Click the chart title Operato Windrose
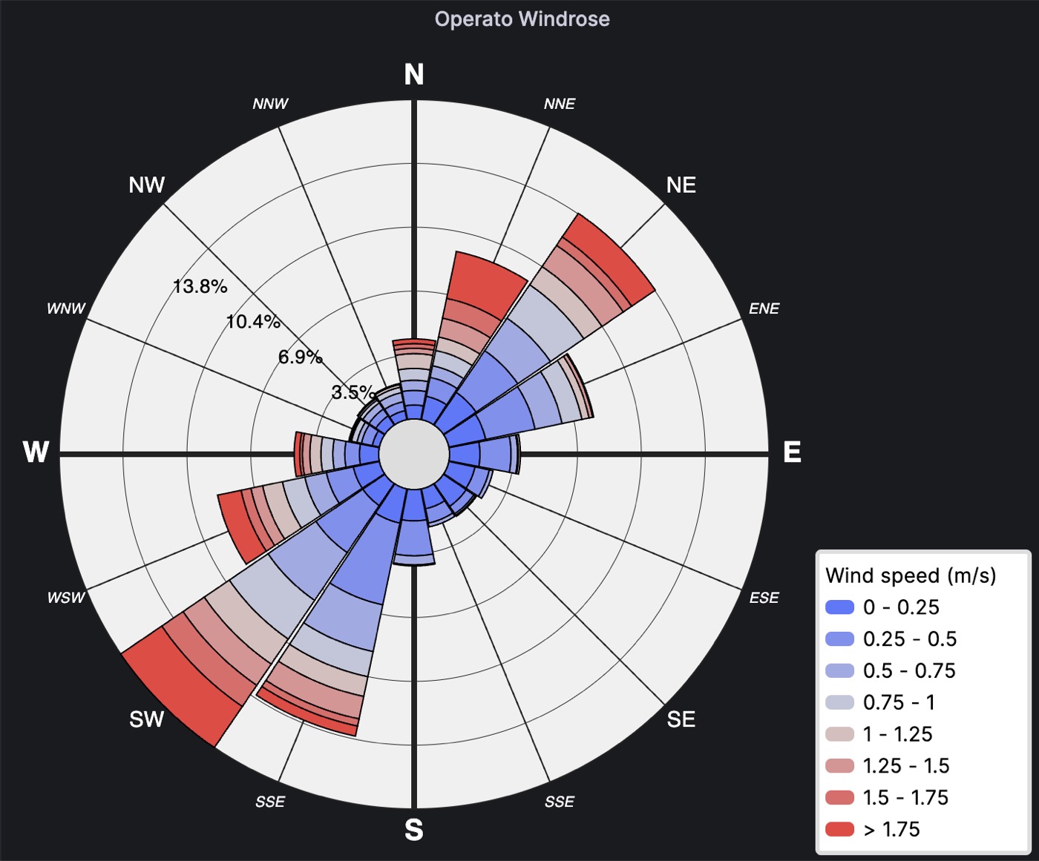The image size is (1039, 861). pyautogui.click(x=522, y=19)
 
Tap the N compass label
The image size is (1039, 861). pyautogui.click(x=414, y=75)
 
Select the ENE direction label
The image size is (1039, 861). pyautogui.click(x=764, y=309)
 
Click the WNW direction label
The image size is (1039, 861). pyautogui.click(x=66, y=309)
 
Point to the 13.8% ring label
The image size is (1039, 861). pyautogui.click(x=200, y=286)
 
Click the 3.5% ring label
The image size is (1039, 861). pyautogui.click(x=352, y=392)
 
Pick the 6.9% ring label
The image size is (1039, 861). pyautogui.click(x=300, y=357)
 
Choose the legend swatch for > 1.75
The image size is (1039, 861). pyautogui.click(x=839, y=829)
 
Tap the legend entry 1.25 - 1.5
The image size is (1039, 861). pyautogui.click(x=905, y=766)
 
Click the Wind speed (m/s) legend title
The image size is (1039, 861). pyautogui.click(x=911, y=575)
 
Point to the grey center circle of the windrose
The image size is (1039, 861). pyautogui.click(x=414, y=453)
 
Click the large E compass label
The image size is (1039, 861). pyautogui.click(x=792, y=452)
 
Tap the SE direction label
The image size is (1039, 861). pyautogui.click(x=681, y=719)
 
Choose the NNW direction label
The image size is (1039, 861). pyautogui.click(x=270, y=104)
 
